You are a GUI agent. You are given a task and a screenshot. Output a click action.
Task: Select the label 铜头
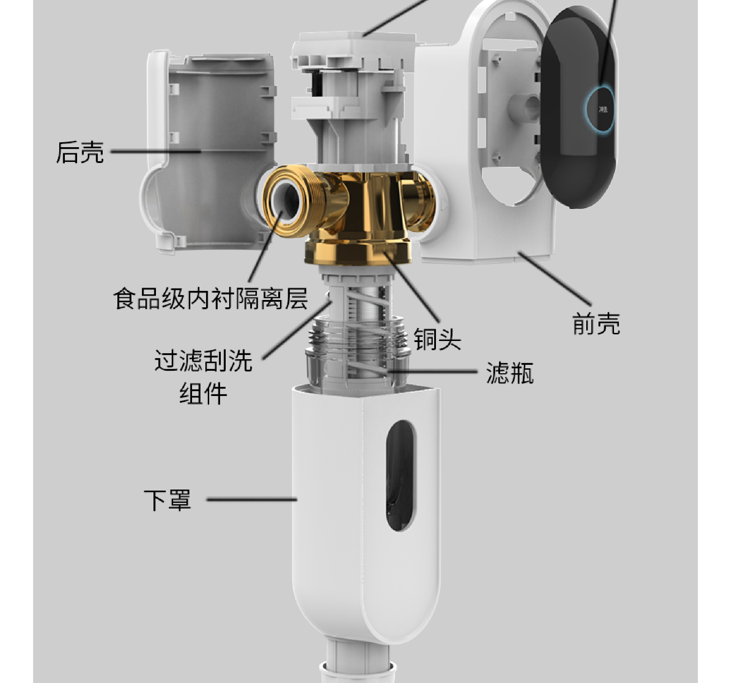coord(437,339)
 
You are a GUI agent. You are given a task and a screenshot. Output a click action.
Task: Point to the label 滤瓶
coord(510,373)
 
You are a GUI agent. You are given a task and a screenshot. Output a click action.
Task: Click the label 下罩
coord(168,500)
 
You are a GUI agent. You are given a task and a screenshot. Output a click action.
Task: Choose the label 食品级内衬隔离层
coord(210,299)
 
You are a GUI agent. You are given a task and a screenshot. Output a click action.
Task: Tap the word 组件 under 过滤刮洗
coord(203,394)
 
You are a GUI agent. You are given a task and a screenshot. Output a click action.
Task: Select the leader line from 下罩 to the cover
coord(252,499)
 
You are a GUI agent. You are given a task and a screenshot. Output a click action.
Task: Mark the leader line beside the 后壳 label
coord(155,151)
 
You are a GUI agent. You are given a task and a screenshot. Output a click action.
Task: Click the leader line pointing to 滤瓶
coord(434,372)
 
